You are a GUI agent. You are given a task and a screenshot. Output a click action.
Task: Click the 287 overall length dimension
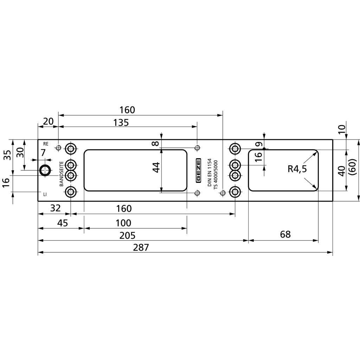[x=141, y=247]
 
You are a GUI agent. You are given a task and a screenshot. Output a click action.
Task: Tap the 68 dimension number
[x=285, y=234]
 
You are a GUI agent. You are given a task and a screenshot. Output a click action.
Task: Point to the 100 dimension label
[x=123, y=223]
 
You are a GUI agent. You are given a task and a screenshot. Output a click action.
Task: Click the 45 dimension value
[x=58, y=223]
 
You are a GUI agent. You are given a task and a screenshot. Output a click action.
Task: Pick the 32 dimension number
[x=55, y=208]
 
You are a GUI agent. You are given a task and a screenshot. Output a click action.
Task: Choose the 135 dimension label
[x=121, y=123]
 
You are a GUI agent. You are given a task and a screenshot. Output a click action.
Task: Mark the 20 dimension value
[x=48, y=121]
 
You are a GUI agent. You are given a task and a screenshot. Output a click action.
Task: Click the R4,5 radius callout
[x=297, y=169]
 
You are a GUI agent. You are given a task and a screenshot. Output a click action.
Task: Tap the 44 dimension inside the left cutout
[x=156, y=167]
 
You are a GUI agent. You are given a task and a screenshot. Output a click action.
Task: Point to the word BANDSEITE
[x=61, y=174]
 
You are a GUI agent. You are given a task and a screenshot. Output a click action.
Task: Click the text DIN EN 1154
[x=210, y=172]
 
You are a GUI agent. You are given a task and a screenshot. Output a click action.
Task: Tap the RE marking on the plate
[x=45, y=144]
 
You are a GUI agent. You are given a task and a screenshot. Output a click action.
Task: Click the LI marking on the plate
[x=45, y=194]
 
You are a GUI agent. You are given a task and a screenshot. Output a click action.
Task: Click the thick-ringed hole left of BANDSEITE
[x=45, y=171]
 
